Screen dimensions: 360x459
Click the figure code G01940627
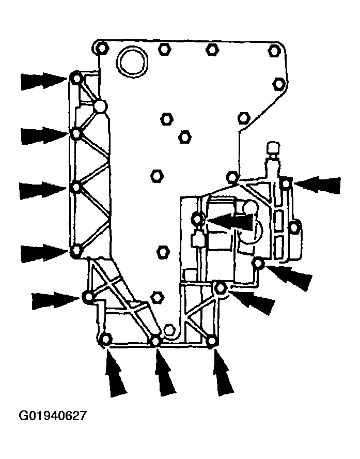pyautogui.click(x=53, y=416)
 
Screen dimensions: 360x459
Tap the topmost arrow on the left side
pyautogui.click(x=44, y=80)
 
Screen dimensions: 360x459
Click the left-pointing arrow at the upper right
pyautogui.click(x=317, y=185)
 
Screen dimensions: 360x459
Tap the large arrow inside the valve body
pyautogui.click(x=230, y=220)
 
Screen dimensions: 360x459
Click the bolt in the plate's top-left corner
pyautogui.click(x=101, y=48)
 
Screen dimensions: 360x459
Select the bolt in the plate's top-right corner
pyautogui.click(x=274, y=51)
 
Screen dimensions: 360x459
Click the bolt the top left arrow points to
pyautogui.click(x=76, y=79)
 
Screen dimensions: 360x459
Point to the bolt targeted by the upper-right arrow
pyautogui.click(x=286, y=183)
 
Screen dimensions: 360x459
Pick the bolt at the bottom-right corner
pyautogui.click(x=213, y=341)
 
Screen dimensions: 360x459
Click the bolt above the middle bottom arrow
pyautogui.click(x=156, y=341)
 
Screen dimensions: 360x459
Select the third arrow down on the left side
pyautogui.click(x=43, y=190)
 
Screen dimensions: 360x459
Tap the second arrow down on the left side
pyautogui.click(x=44, y=135)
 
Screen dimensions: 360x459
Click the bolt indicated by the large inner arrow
pyautogui.click(x=197, y=219)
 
